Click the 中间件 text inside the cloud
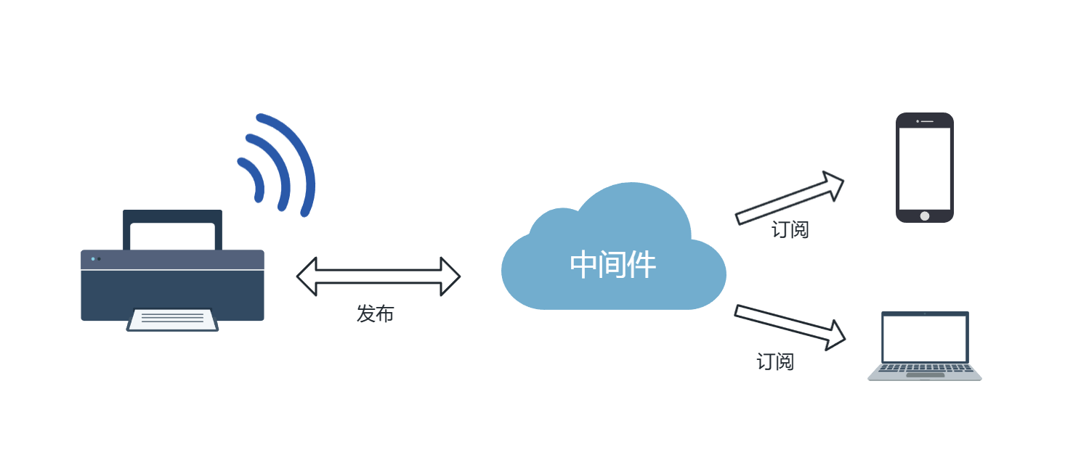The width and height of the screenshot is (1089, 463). [x=612, y=265]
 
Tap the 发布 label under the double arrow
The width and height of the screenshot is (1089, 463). [x=375, y=314]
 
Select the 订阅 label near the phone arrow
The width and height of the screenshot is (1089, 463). [x=790, y=230]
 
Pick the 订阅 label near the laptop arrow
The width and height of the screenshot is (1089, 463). [x=775, y=361]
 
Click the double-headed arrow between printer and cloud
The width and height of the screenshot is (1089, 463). [x=378, y=276]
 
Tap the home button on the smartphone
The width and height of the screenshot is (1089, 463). [x=924, y=216]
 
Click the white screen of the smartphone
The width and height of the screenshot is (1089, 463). [x=924, y=168]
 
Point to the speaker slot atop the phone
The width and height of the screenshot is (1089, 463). [x=926, y=121]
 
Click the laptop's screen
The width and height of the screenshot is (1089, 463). [x=925, y=338]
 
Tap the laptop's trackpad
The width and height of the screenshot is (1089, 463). [x=925, y=375]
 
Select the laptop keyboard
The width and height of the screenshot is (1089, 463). [x=925, y=367]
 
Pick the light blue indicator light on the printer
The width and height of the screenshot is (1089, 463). [x=93, y=258]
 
